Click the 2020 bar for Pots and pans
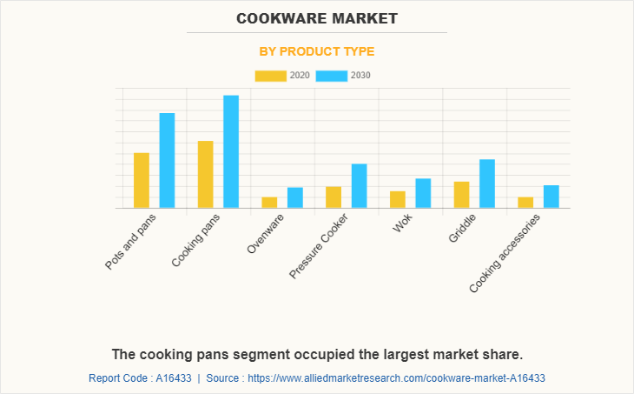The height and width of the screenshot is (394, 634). pyautogui.click(x=142, y=180)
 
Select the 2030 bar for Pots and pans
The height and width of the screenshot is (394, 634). pyautogui.click(x=167, y=160)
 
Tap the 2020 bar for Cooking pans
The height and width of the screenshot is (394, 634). pyautogui.click(x=206, y=174)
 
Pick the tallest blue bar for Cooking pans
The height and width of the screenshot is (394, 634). pyautogui.click(x=231, y=151)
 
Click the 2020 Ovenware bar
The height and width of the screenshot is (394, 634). pyautogui.click(x=269, y=203)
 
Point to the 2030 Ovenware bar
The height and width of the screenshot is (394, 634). pyautogui.click(x=295, y=197)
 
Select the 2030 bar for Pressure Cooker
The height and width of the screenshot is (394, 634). pyautogui.click(x=359, y=185)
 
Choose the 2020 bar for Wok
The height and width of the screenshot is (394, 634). pyautogui.click(x=398, y=199)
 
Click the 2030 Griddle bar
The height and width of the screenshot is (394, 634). pyautogui.click(x=487, y=184)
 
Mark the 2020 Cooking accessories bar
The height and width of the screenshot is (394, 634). pyautogui.click(x=525, y=203)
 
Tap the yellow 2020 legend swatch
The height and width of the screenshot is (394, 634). pyautogui.click(x=270, y=76)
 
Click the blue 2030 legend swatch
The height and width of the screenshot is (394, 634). pyautogui.click(x=331, y=76)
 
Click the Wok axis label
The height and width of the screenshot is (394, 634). pyautogui.click(x=402, y=225)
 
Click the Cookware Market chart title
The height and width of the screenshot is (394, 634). pyautogui.click(x=316, y=17)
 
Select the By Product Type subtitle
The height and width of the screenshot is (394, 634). pyautogui.click(x=317, y=51)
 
